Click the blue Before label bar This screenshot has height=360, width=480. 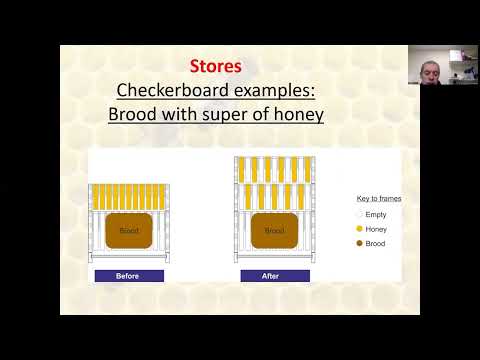coord(129,275)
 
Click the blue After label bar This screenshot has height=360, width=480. coord(274,275)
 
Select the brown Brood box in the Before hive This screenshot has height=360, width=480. coord(129,230)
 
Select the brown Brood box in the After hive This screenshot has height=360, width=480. coord(274,230)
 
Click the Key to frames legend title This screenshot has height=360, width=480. coord(379,198)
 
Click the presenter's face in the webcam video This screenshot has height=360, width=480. coord(428,66)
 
